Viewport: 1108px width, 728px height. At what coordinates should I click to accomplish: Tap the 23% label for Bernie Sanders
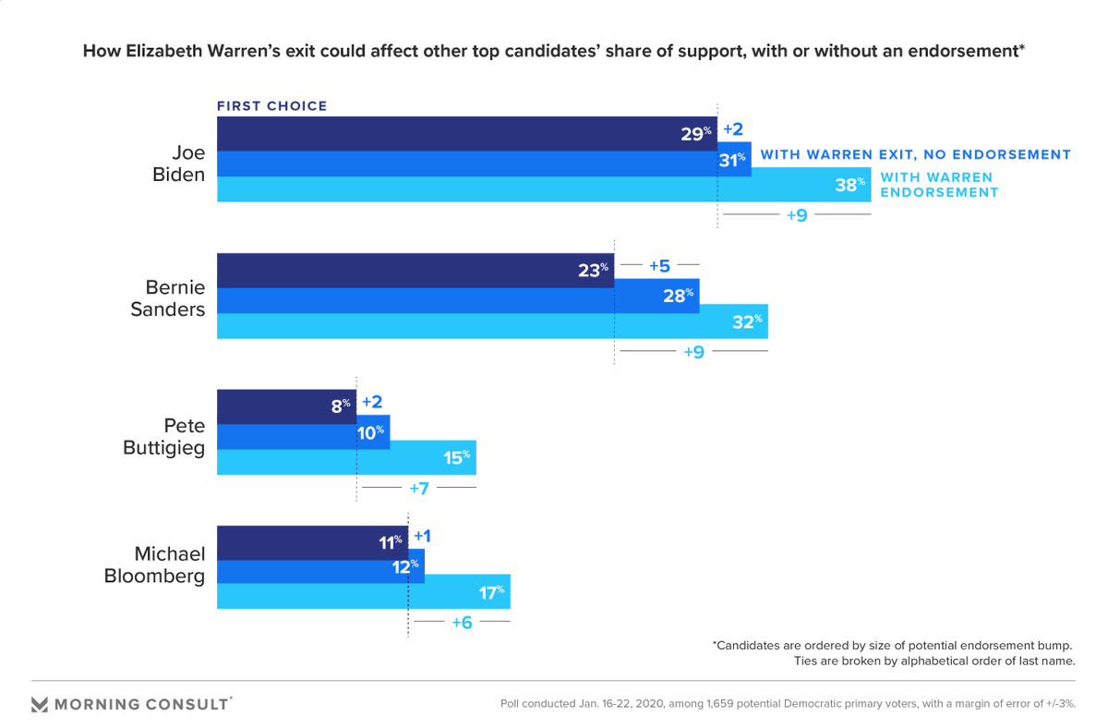[x=592, y=271]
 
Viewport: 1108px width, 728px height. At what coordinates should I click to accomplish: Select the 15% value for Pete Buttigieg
[x=455, y=456]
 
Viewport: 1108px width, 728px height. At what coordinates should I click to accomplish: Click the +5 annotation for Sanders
[x=659, y=266]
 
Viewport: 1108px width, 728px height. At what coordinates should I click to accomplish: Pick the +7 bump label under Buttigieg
[x=419, y=487]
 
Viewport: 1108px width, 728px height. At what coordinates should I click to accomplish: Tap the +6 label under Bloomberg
[x=462, y=623]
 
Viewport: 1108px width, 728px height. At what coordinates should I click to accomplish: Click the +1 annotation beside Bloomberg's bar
[x=423, y=536]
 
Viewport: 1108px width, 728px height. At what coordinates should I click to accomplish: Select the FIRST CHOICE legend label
[x=272, y=106]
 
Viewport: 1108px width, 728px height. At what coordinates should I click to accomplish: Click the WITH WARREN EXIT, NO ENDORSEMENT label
[x=914, y=155]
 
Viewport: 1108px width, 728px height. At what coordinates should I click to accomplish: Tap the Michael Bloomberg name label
[x=170, y=564]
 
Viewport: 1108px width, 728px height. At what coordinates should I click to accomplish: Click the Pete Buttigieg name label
[x=164, y=437]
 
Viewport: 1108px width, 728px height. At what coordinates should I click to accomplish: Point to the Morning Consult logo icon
[x=40, y=704]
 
